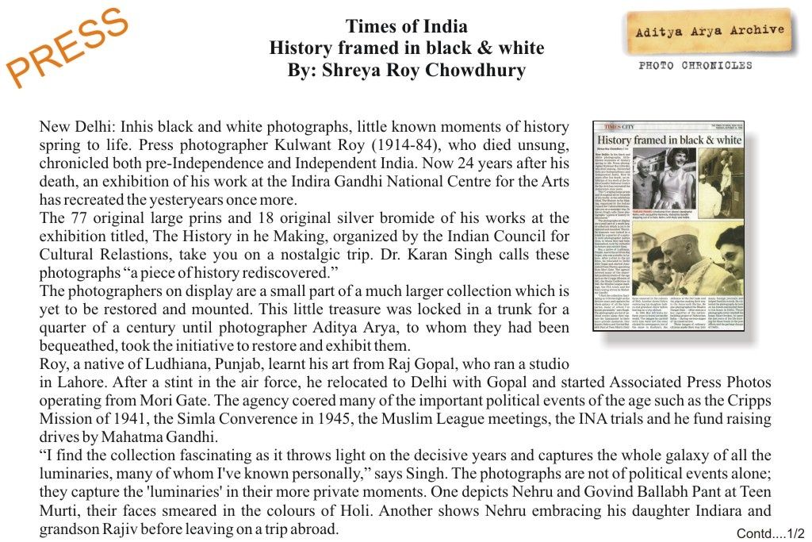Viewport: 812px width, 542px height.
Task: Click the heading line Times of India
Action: [406, 27]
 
